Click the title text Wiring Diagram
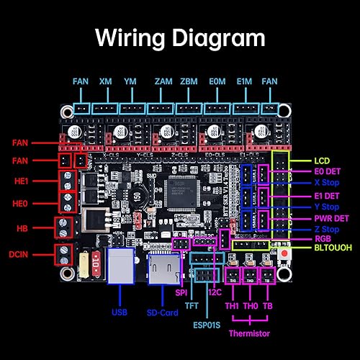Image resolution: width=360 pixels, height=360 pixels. (x=180, y=37)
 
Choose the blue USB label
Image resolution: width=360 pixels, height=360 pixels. (x=120, y=312)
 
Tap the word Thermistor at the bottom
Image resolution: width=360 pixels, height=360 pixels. (x=250, y=333)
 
